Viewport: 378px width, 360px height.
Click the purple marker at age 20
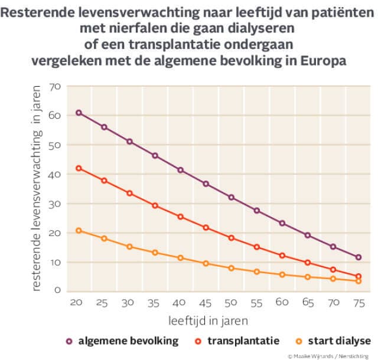[x=78, y=113]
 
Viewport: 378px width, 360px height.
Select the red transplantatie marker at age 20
[x=78, y=168]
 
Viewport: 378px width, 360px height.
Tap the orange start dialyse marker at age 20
[x=78, y=231]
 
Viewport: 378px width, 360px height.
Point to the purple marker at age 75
[x=358, y=257]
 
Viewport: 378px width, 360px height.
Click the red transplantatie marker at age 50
[x=231, y=238]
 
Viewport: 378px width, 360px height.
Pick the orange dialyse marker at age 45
[x=206, y=263]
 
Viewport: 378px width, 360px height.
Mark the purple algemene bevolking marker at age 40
[x=180, y=170]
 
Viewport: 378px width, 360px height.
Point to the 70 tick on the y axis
[x=56, y=87]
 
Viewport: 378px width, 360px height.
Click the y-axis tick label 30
[x=56, y=204]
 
